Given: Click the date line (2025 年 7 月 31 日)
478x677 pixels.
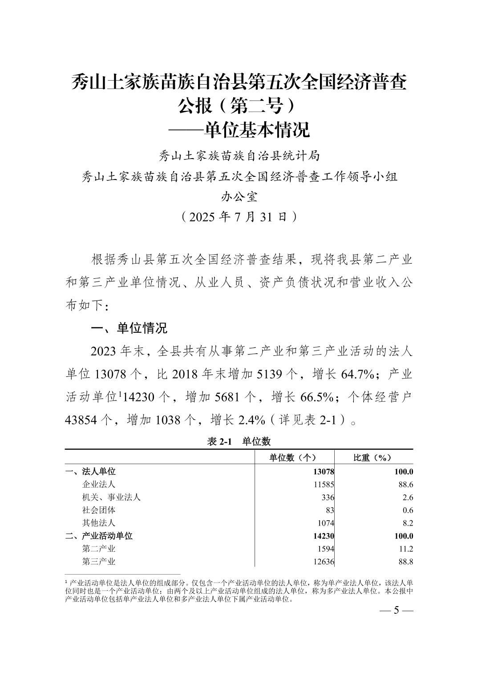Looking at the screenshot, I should point(239,217).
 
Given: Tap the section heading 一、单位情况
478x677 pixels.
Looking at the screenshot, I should point(129,329).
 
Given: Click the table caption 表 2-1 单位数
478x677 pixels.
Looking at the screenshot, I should point(239,441).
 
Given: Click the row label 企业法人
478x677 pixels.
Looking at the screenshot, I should point(99,484).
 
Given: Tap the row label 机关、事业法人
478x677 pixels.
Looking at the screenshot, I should point(111,497).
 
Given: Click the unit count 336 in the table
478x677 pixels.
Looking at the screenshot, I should point(328,498).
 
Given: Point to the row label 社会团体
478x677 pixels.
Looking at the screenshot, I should point(99,510).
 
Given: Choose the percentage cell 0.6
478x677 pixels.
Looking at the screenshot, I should point(408,510).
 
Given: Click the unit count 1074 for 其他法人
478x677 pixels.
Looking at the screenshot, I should point(325,523).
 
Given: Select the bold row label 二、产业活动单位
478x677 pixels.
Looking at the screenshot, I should point(99,536).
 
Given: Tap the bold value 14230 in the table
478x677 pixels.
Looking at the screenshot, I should point(323,536).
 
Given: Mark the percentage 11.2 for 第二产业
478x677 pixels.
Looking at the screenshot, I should point(406,549).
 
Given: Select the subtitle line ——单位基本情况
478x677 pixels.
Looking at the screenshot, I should point(239,130).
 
